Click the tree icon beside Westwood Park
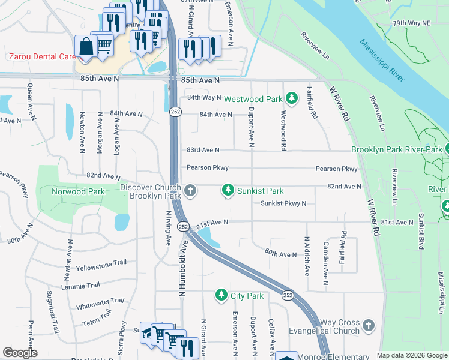point(291,97)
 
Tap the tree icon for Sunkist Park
point(228,191)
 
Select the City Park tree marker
point(221,296)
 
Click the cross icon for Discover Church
point(190,191)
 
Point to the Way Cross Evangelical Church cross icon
point(368,325)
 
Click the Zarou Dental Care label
point(41,56)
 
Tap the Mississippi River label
point(382,61)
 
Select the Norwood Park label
point(73,191)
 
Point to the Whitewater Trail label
point(100,304)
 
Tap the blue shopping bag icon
point(86,46)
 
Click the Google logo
point(20,353)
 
